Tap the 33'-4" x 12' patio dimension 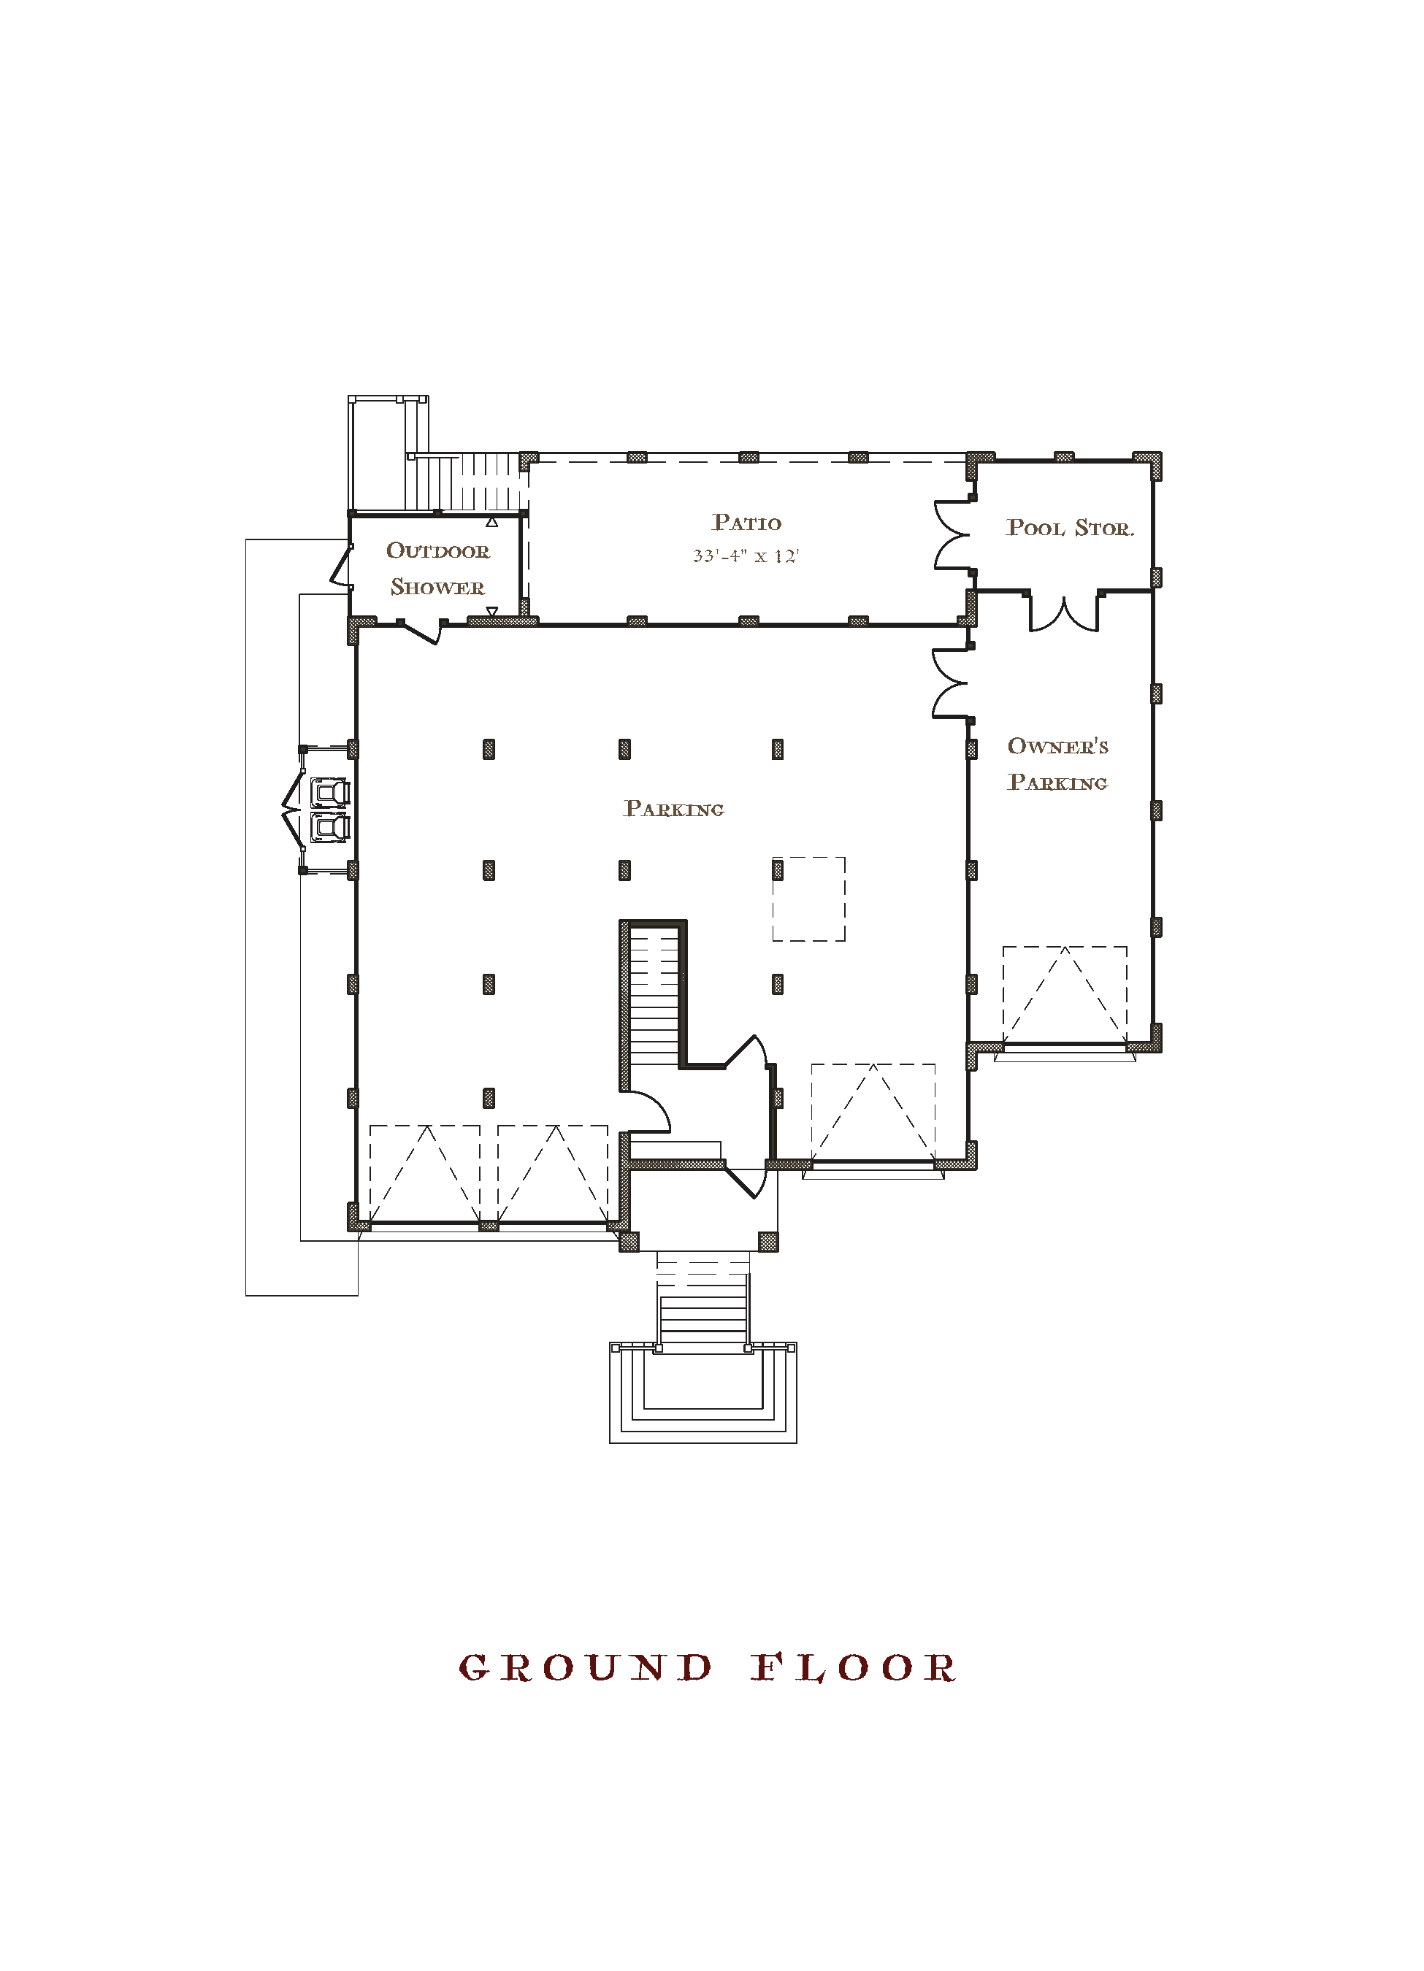(x=746, y=556)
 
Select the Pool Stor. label (x=1069, y=528)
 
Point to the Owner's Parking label (x=1058, y=764)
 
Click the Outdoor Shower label (x=437, y=569)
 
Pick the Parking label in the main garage (x=674, y=808)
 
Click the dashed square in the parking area (x=808, y=899)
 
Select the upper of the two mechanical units (x=330, y=793)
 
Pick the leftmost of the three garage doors (x=425, y=1174)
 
